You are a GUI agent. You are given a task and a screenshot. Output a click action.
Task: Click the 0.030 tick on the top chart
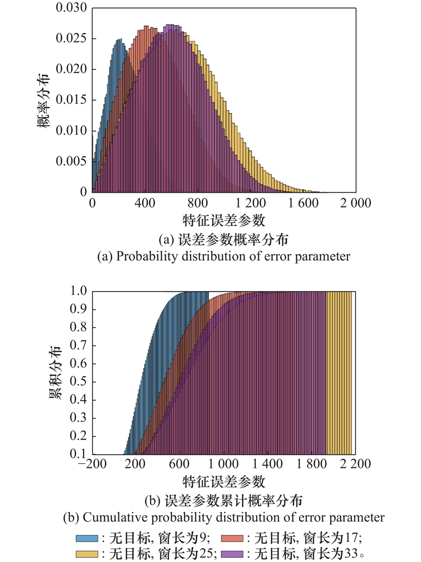pyautogui.click(x=71, y=8)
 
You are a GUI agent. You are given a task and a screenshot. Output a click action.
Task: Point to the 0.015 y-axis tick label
pyautogui.click(x=71, y=100)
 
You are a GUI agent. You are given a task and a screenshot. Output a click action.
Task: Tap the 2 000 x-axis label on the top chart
pyautogui.click(x=355, y=202)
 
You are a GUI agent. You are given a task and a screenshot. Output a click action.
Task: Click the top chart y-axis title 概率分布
pyautogui.click(x=44, y=100)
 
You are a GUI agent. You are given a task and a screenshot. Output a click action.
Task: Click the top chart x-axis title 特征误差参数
pyautogui.click(x=224, y=219)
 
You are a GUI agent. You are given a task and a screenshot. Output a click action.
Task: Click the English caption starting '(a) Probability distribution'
pyautogui.click(x=224, y=257)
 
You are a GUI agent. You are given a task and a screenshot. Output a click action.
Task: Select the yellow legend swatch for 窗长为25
pyautogui.click(x=88, y=554)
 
